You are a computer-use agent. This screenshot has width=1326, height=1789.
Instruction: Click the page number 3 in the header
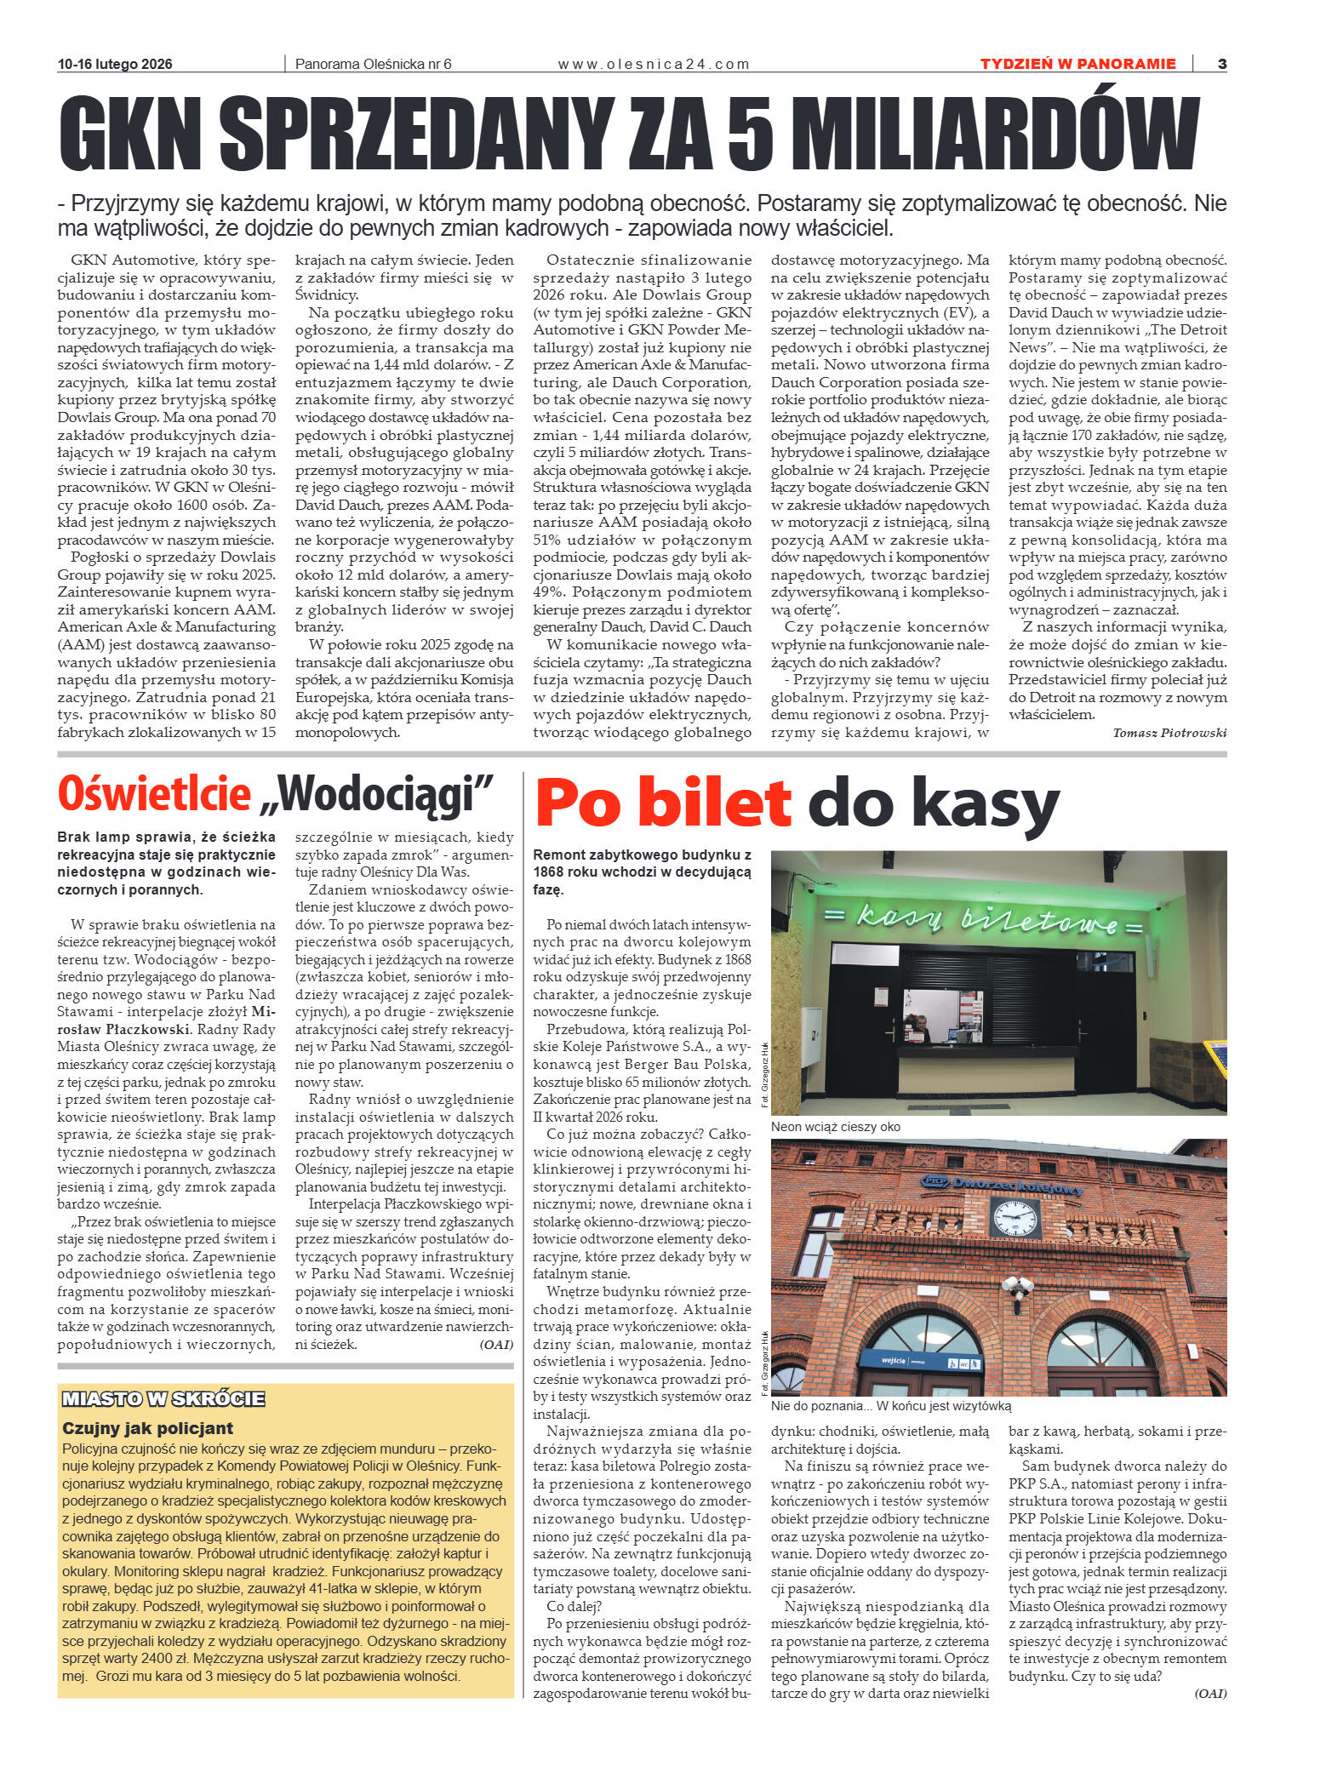click(1221, 64)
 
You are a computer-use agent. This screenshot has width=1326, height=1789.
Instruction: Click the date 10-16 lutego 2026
click(115, 64)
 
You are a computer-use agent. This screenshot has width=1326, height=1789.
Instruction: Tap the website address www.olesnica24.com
click(654, 64)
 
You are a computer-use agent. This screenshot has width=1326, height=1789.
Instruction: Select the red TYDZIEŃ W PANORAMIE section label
click(1077, 64)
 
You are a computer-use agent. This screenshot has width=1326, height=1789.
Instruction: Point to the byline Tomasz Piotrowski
click(1169, 733)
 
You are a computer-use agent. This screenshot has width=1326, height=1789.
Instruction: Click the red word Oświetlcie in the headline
click(154, 794)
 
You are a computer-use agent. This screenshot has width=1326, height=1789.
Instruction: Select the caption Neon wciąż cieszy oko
click(835, 1127)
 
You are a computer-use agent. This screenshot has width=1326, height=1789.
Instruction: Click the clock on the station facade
click(1015, 1218)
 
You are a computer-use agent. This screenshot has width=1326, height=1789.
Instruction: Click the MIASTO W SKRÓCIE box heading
click(163, 1399)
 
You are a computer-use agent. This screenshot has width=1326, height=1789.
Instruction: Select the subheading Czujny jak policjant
click(147, 1428)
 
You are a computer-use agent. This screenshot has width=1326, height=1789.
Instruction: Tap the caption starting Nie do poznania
click(890, 1406)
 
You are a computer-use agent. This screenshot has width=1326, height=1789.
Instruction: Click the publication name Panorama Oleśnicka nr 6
click(373, 64)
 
